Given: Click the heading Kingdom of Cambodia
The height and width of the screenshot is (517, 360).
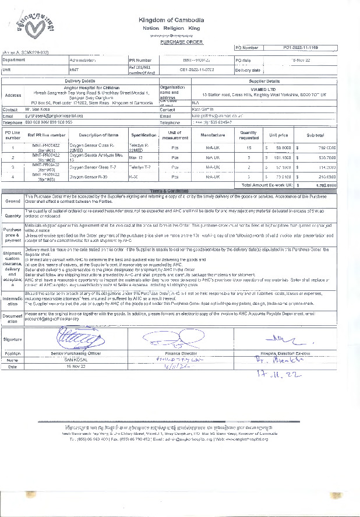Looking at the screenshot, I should [171, 20].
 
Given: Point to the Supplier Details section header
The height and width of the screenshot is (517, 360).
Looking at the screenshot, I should [264, 81].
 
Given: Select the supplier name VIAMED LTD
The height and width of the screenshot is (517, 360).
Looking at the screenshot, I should [264, 89].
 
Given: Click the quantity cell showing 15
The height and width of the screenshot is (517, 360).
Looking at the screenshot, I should [249, 147].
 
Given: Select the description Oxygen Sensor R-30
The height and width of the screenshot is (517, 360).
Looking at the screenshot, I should [87, 175].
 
